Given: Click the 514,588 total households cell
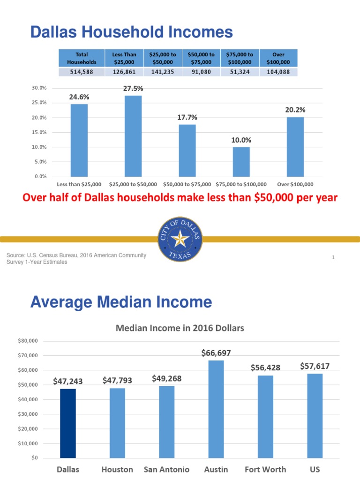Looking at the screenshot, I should coord(82,72).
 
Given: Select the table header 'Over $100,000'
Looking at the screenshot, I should coord(278,58).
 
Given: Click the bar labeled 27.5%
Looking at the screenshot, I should coord(133,136).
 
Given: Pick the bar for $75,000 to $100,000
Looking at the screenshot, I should coord(241,162).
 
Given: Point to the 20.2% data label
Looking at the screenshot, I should coord(295,110).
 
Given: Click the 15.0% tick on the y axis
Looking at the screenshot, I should coord(40,132).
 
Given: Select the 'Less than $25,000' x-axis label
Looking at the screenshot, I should coord(79,185).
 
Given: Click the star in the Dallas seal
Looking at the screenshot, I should coord(180,240).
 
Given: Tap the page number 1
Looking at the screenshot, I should coord(333,257).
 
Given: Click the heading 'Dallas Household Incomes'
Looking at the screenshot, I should coord(131,32).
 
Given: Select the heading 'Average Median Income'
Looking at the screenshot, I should coord(121,302).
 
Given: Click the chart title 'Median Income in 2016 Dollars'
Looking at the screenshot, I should coord(180,328).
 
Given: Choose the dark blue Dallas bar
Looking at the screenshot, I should coord(68,423).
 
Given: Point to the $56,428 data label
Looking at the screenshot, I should coord(265,367).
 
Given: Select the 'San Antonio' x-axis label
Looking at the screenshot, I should coord(166,469).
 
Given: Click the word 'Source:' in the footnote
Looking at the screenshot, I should coord(15,255).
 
